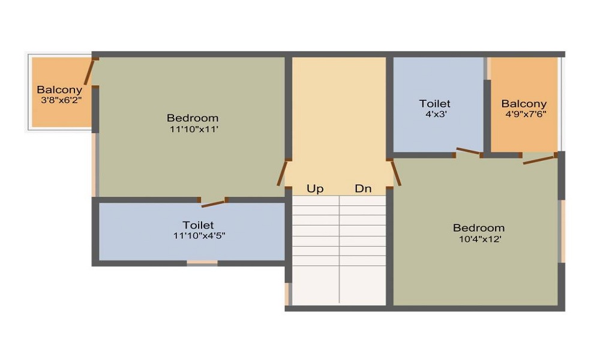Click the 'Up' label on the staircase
(x=315, y=189)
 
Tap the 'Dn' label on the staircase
(x=363, y=189)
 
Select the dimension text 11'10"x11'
(x=193, y=129)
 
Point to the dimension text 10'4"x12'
(x=478, y=239)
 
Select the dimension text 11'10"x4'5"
(x=199, y=236)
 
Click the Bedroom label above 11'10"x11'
(x=193, y=118)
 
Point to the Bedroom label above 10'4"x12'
(x=478, y=228)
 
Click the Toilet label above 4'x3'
(x=434, y=104)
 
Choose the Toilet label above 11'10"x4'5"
(x=199, y=225)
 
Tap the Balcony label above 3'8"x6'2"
(x=59, y=90)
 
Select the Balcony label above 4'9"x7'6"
(x=524, y=103)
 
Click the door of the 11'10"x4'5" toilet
(x=214, y=203)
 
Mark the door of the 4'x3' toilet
(x=468, y=152)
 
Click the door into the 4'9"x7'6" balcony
(x=539, y=158)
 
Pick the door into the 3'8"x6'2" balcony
(x=90, y=71)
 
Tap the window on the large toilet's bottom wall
(x=202, y=262)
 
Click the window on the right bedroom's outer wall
(x=562, y=231)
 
